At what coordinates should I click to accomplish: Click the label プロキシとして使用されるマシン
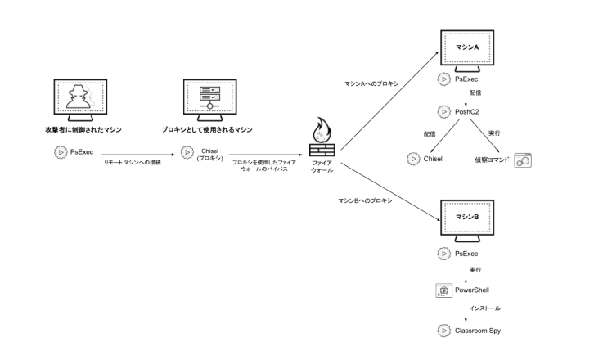[210, 130]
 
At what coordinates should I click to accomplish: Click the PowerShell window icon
[444, 290]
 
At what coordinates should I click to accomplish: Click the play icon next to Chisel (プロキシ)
[187, 153]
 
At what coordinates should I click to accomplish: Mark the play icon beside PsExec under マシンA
[444, 79]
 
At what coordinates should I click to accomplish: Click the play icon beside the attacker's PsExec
[59, 151]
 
